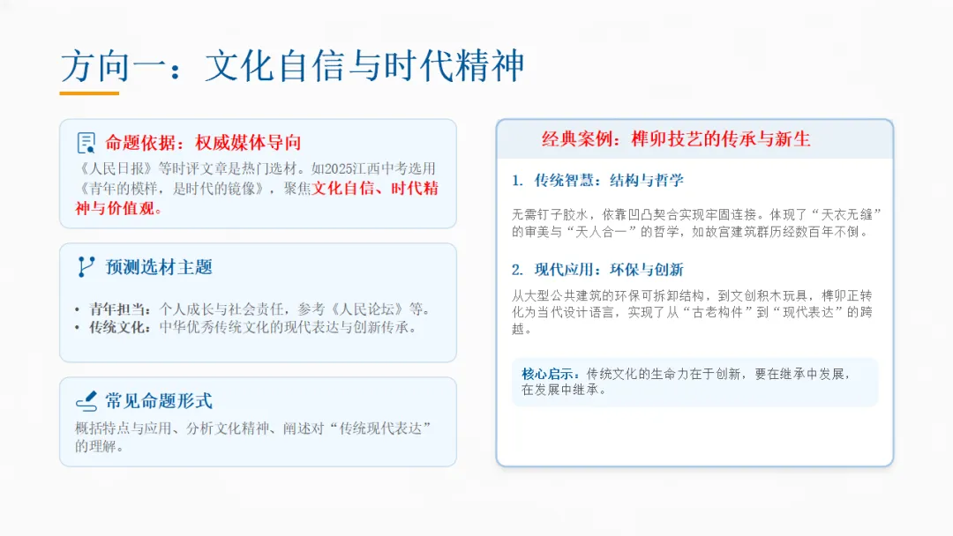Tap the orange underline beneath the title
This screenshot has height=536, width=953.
[x=89, y=93]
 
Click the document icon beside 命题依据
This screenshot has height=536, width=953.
[x=86, y=143]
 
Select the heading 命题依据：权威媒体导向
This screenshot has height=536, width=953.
[x=203, y=143]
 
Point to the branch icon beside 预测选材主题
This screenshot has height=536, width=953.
[x=86, y=267]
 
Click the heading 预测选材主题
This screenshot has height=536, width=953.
[x=159, y=267]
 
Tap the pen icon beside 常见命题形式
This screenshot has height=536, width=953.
[x=86, y=401]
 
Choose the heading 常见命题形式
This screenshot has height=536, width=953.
[x=159, y=401]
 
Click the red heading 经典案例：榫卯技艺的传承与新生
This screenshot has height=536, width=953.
[x=676, y=139]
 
